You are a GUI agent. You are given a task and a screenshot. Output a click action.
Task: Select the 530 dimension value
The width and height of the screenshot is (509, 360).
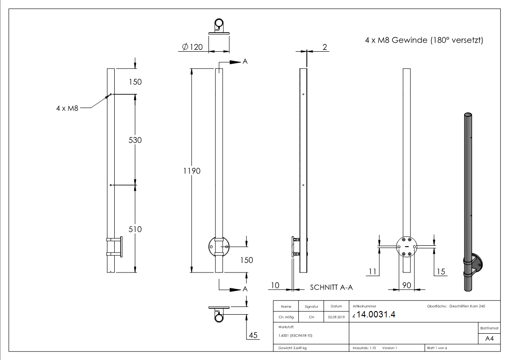135,140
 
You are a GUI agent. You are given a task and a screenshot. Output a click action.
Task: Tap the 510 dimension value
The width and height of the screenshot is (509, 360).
135,229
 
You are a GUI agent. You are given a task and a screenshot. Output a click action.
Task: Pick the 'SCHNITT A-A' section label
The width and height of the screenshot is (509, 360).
331,287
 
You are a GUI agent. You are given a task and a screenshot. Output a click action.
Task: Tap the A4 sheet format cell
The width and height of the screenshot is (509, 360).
489,338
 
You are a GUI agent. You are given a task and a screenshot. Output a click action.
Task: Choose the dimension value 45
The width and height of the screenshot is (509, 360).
253,336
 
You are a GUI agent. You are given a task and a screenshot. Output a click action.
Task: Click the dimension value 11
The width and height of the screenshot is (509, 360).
372,272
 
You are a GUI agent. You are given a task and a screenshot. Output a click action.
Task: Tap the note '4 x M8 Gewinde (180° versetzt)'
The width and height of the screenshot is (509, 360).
424,41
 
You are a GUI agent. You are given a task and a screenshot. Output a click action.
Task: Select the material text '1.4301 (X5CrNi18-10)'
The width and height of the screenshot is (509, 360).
296,335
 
